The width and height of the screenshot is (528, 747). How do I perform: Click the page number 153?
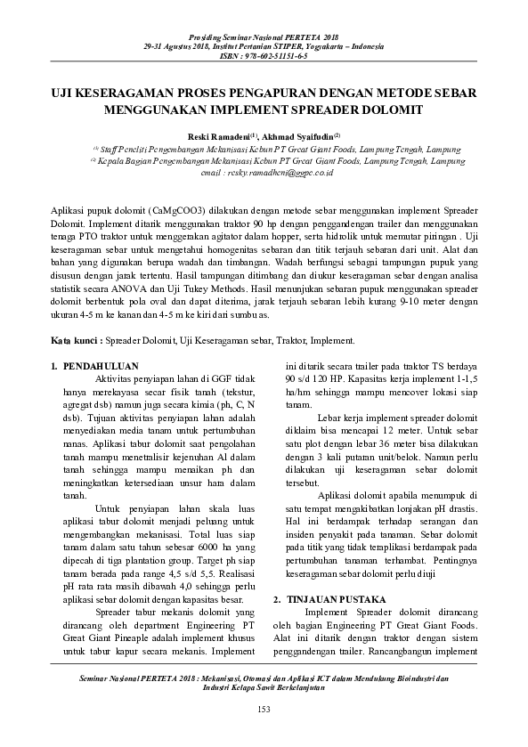(264, 708)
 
